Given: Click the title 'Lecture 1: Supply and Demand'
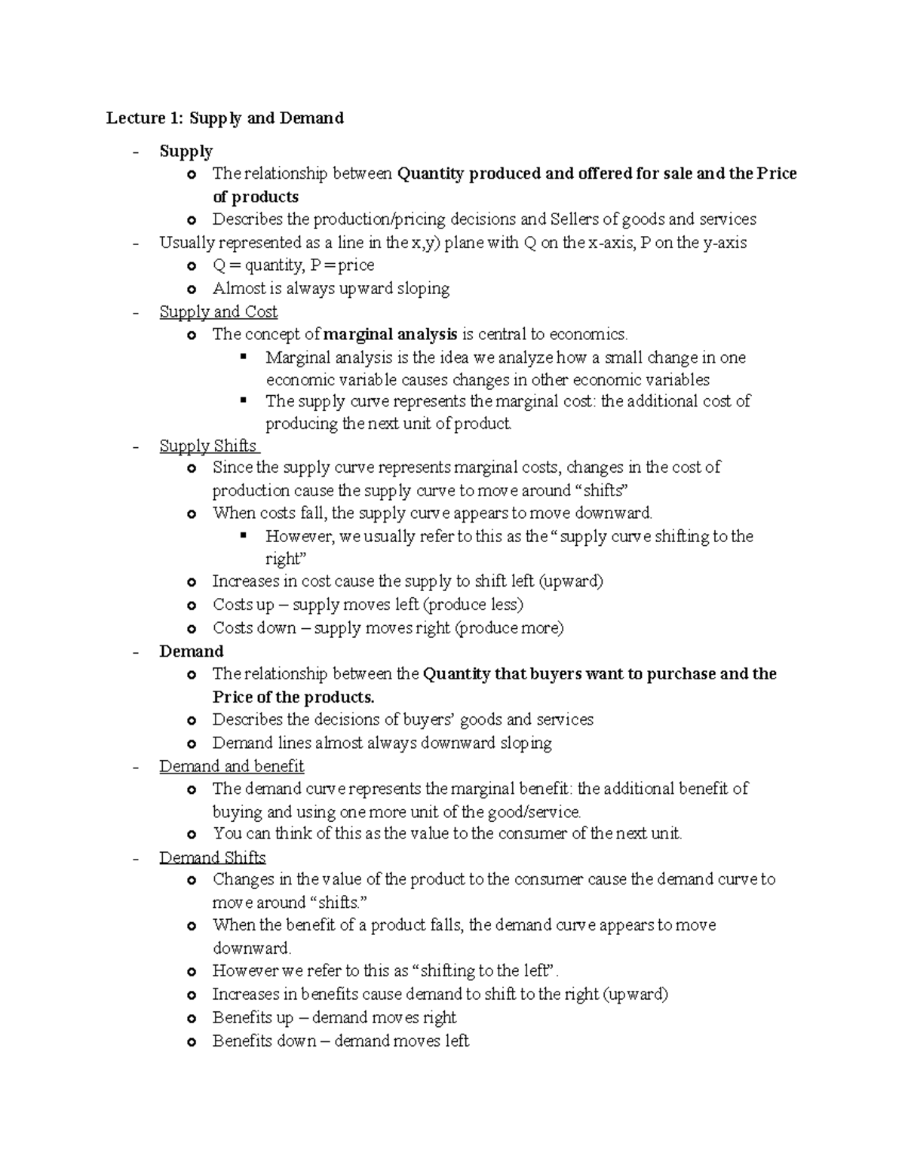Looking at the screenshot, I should (225, 118).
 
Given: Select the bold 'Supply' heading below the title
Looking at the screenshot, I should (186, 151).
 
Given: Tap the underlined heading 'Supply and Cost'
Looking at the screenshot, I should (218, 311).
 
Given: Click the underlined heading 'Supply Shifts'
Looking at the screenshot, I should (208, 446).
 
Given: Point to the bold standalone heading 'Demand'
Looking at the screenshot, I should (191, 651).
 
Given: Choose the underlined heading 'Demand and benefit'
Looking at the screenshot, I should (232, 766).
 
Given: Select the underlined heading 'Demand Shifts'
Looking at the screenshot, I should (212, 857).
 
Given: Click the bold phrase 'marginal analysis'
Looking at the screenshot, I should (390, 334).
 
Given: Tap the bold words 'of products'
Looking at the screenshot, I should (255, 197).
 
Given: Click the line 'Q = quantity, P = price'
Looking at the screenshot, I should (293, 265).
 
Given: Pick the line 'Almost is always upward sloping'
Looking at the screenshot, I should (330, 288).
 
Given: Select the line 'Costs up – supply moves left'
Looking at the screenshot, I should (367, 605).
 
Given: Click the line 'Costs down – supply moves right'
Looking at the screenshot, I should (388, 628).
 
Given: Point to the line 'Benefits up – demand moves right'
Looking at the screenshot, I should (334, 1017).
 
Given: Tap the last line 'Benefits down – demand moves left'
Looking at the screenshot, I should (340, 1041).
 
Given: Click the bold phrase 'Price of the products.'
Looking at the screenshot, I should (293, 697).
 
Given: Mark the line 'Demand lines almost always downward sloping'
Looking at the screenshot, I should (382, 743).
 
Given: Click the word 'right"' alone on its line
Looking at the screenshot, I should (283, 559).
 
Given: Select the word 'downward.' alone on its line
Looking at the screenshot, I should (251, 948).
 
